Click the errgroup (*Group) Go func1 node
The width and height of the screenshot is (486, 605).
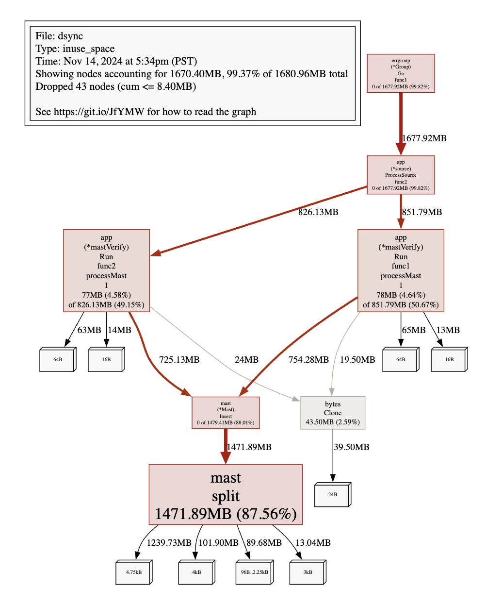pyautogui.click(x=401, y=73)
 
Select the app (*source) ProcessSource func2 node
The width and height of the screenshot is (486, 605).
pyautogui.click(x=401, y=175)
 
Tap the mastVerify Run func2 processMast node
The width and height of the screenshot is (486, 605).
pyautogui.click(x=106, y=270)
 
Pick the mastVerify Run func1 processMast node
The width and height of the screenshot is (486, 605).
pyautogui.click(x=401, y=270)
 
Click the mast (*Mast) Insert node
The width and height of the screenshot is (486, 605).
pyautogui.click(x=226, y=413)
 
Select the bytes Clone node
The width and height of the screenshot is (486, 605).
pyautogui.click(x=333, y=413)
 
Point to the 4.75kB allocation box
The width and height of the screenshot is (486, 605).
pyautogui.click(x=133, y=572)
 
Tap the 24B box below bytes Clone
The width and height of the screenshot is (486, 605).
pyautogui.click(x=332, y=494)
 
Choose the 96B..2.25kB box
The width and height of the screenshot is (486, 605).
pyautogui.click(x=254, y=572)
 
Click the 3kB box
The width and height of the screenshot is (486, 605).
pyautogui.click(x=308, y=572)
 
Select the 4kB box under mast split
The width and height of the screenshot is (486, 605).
pyautogui.click(x=196, y=572)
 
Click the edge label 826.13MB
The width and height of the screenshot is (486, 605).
pyautogui.click(x=318, y=212)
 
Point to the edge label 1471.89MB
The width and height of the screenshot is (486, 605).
pyautogui.click(x=249, y=447)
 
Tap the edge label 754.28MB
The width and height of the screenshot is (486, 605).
pyautogui.click(x=308, y=360)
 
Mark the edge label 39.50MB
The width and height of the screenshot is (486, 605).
pyautogui.click(x=352, y=447)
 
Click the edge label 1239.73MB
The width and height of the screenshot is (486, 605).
pyautogui.click(x=169, y=543)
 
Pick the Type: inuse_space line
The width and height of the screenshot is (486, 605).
pyautogui.click(x=75, y=49)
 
